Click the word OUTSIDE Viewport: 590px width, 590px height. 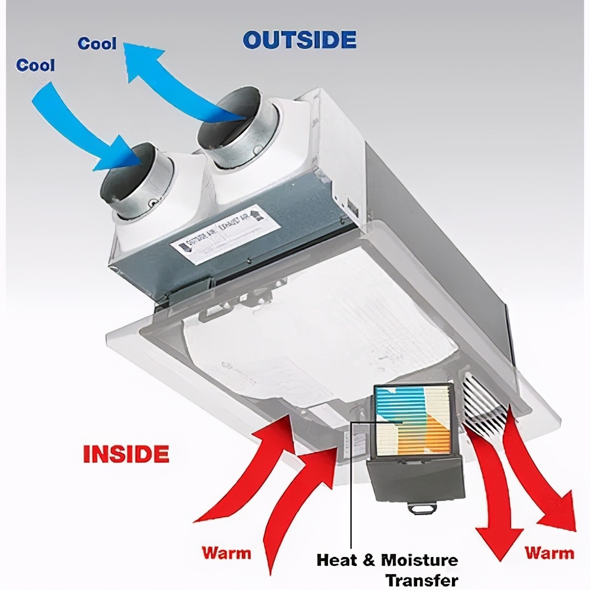[300, 40]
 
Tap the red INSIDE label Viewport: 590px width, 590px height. [126, 454]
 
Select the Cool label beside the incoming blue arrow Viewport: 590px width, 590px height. [35, 65]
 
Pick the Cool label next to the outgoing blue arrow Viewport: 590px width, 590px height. [97, 44]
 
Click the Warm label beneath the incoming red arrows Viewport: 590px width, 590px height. [227, 553]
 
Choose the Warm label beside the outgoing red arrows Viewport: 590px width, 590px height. [549, 553]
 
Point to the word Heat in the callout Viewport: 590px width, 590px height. [337, 560]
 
